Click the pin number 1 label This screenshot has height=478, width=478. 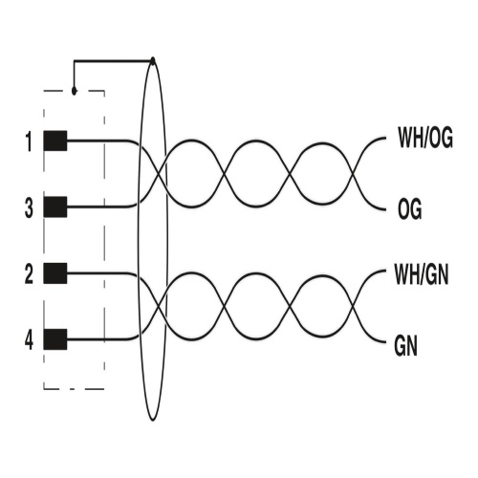(30, 142)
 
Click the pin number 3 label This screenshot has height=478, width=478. (29, 208)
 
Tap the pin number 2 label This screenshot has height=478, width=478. (29, 274)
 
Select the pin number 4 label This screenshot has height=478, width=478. (29, 340)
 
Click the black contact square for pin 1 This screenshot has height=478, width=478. (55, 141)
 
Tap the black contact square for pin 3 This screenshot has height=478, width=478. (55, 207)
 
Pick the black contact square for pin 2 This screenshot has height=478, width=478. (55, 273)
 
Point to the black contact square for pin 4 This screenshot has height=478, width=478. (55, 339)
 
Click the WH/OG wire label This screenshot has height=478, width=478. (425, 138)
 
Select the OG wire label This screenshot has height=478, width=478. (410, 208)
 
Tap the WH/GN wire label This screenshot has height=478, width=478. (422, 273)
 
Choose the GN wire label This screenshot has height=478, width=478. (405, 346)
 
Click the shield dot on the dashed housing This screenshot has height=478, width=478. (75, 91)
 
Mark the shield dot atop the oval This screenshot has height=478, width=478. (153, 60)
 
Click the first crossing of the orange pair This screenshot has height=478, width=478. (159, 174)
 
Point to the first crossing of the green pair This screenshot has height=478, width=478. (159, 307)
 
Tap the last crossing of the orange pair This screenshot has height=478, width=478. (353, 174)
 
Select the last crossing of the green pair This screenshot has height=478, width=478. (353, 307)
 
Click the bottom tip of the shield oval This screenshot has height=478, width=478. (153, 421)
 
